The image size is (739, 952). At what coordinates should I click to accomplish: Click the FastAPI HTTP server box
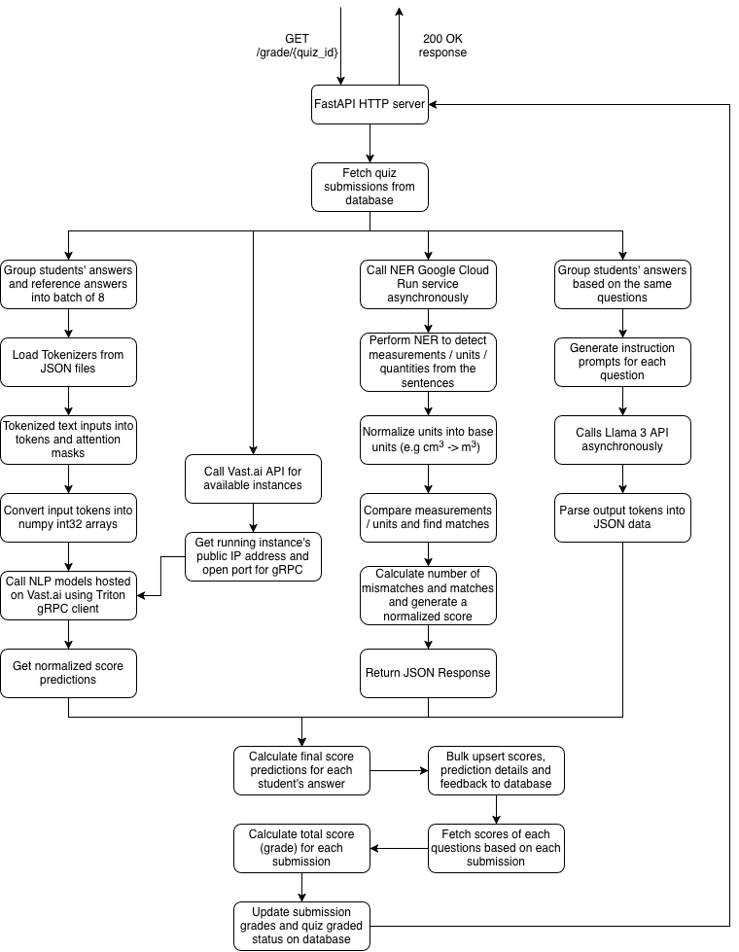[x=369, y=105]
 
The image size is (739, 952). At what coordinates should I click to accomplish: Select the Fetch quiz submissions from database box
[x=369, y=186]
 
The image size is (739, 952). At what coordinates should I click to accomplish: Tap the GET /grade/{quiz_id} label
[x=297, y=46]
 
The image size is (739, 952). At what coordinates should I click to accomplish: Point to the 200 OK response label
[x=442, y=46]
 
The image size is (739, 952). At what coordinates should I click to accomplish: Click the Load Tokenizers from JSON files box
[x=68, y=362]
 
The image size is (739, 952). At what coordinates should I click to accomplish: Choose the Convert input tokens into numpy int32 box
[x=68, y=517]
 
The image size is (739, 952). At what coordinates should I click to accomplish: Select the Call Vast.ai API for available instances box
[x=253, y=478]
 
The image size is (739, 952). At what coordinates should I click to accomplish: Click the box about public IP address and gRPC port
[x=253, y=555]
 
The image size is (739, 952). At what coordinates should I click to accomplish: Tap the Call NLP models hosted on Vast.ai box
[x=68, y=595]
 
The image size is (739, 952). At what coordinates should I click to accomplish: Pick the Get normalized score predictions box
[x=68, y=673]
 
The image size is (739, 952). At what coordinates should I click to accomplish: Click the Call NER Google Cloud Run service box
[x=428, y=283]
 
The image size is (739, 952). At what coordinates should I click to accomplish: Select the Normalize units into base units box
[x=428, y=440]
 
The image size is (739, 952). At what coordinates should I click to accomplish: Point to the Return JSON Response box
[x=428, y=673]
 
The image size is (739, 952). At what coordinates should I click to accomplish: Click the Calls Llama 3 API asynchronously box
[x=622, y=440]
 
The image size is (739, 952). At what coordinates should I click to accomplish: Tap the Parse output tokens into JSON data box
[x=622, y=517]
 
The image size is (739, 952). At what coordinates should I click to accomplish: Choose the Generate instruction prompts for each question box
[x=622, y=362]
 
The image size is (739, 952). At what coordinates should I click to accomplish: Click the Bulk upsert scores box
[x=496, y=770]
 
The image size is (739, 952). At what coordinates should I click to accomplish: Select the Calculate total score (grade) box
[x=301, y=848]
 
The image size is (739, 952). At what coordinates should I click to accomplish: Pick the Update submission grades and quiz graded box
[x=301, y=926]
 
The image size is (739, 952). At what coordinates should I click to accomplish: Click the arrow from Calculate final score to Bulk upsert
[x=399, y=770]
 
